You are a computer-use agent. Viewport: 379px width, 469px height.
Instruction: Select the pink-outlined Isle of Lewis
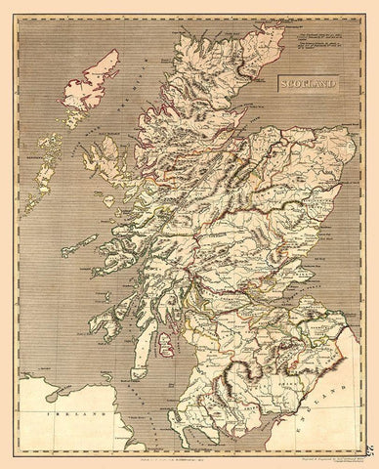(89, 78)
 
